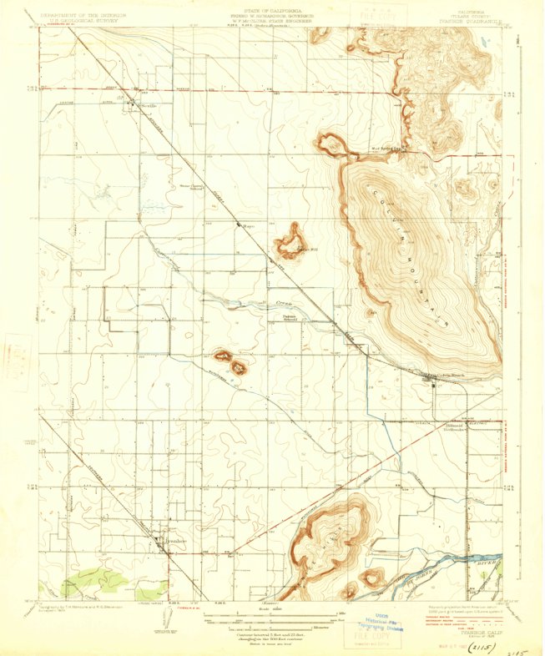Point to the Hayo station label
[248, 225]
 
